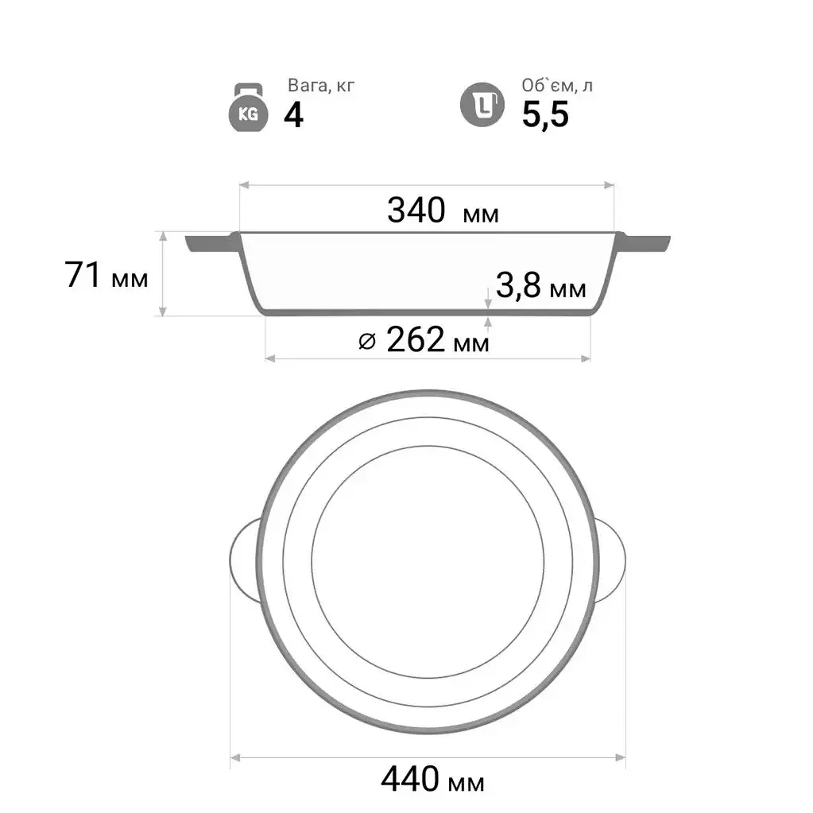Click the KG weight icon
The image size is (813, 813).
[x=249, y=107]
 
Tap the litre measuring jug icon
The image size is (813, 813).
[x=482, y=105]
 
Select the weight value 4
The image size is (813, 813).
[x=293, y=115]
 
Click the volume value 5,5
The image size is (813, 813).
[x=545, y=114]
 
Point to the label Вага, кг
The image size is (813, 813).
[x=321, y=85]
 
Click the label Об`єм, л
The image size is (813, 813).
[x=557, y=85]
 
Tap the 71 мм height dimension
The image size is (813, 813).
[x=106, y=275]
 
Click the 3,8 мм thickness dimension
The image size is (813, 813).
[x=540, y=285]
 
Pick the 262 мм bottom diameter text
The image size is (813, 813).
[x=438, y=340]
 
